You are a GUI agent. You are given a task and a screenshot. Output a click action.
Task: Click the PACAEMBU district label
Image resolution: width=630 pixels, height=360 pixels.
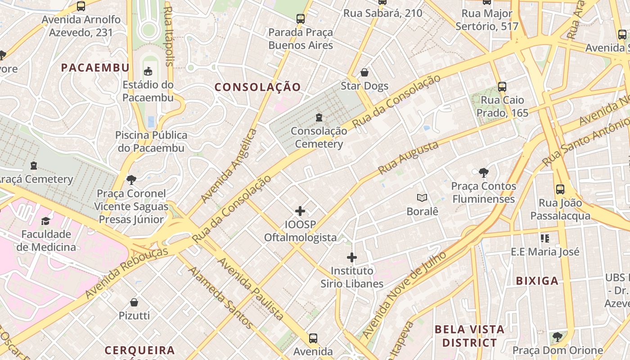(x=95, y=67)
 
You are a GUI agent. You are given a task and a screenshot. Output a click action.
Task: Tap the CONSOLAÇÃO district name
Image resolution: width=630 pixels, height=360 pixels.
(x=257, y=87)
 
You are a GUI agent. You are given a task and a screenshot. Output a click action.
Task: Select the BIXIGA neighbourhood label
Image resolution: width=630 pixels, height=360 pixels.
(x=537, y=281)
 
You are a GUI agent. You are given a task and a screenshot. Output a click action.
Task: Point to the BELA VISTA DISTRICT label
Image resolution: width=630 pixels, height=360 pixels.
(x=469, y=336)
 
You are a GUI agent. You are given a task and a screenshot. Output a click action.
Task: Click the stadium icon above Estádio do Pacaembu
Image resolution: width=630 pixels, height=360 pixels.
(x=148, y=71)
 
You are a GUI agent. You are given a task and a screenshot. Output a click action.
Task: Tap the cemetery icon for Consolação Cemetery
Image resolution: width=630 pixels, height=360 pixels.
(x=319, y=117)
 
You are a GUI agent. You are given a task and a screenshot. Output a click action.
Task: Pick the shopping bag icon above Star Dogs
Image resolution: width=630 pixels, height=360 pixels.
(x=364, y=72)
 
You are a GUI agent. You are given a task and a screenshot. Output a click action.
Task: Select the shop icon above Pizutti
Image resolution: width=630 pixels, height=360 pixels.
(x=134, y=302)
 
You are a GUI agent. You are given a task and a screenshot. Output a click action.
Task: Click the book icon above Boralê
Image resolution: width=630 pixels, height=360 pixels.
(x=422, y=198)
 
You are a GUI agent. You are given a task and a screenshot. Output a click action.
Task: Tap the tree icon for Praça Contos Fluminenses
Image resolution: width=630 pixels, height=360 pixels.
(x=484, y=172)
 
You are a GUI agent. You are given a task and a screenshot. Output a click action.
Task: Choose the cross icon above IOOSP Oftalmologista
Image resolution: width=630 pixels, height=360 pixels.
(x=300, y=211)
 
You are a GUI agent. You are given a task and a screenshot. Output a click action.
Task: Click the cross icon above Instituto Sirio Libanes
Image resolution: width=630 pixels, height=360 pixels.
(x=352, y=257)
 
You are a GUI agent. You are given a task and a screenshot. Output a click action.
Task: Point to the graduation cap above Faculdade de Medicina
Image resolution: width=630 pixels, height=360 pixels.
(x=46, y=220)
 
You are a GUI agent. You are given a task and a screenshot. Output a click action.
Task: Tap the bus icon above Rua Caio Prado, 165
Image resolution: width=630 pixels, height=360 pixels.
(x=502, y=86)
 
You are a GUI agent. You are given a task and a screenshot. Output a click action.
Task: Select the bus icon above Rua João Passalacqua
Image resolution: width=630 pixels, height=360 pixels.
(x=560, y=189)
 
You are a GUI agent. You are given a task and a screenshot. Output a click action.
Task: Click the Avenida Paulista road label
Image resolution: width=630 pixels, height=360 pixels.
(x=251, y=288)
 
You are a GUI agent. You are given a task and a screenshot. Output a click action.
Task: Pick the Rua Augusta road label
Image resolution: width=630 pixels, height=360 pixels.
(x=408, y=157)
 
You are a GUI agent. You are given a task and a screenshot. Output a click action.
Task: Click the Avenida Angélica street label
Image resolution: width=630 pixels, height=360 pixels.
(x=229, y=165)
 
